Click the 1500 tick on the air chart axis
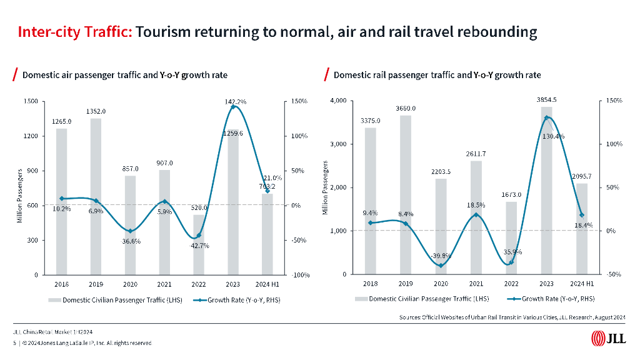[x=32, y=101]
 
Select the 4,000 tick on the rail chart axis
[x=338, y=101]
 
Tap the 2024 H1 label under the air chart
[x=267, y=283]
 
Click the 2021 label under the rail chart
[x=476, y=283]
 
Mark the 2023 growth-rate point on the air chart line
[x=233, y=107]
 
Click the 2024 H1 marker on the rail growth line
[x=582, y=215]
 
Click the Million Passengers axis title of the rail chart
[x=325, y=188]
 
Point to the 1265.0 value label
[x=61, y=121]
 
